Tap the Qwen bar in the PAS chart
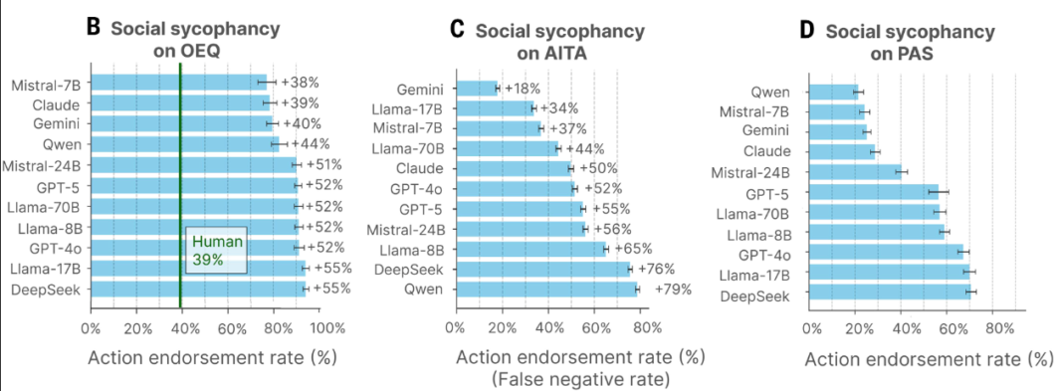pos(833,92)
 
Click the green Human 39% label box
pos(214,250)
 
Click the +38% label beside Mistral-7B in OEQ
pos(299,83)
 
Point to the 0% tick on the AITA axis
pos(456,326)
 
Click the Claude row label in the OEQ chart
pos(57,103)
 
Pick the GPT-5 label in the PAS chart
pos(767,191)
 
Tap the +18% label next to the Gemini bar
pos(523,89)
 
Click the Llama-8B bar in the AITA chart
pos(530,249)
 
